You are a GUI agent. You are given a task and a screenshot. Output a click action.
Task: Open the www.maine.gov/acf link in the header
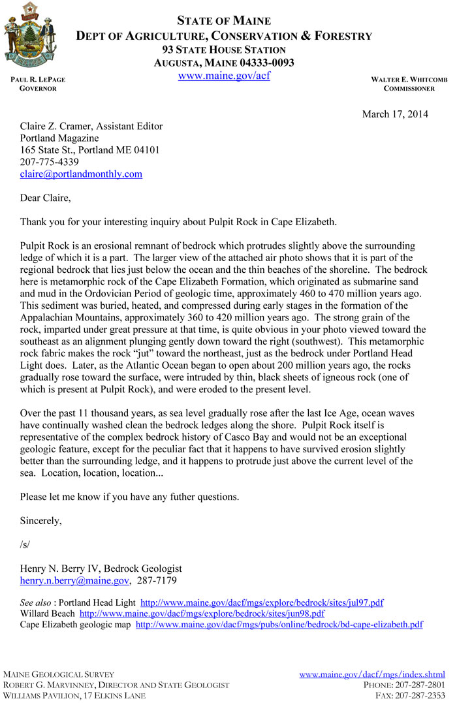224,75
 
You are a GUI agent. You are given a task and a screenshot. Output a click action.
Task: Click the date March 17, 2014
395,114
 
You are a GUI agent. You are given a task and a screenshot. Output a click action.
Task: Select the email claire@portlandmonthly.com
81,174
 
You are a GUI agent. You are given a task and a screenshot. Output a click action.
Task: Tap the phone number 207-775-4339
50,162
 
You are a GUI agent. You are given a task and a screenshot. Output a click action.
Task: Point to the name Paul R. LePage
38,80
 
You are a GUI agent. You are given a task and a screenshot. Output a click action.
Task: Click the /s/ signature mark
25,544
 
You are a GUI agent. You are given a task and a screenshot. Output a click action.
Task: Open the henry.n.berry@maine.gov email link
74,580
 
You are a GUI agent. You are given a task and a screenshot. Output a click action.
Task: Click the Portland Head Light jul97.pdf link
262,602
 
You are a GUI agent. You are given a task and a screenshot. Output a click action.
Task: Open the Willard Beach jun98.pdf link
202,614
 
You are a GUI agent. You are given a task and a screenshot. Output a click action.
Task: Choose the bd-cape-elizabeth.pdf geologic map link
279,625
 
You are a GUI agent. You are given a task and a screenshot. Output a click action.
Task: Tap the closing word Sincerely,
41,521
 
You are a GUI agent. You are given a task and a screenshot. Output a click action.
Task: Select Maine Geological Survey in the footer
59,674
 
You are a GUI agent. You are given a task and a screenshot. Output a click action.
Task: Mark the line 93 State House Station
224,50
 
